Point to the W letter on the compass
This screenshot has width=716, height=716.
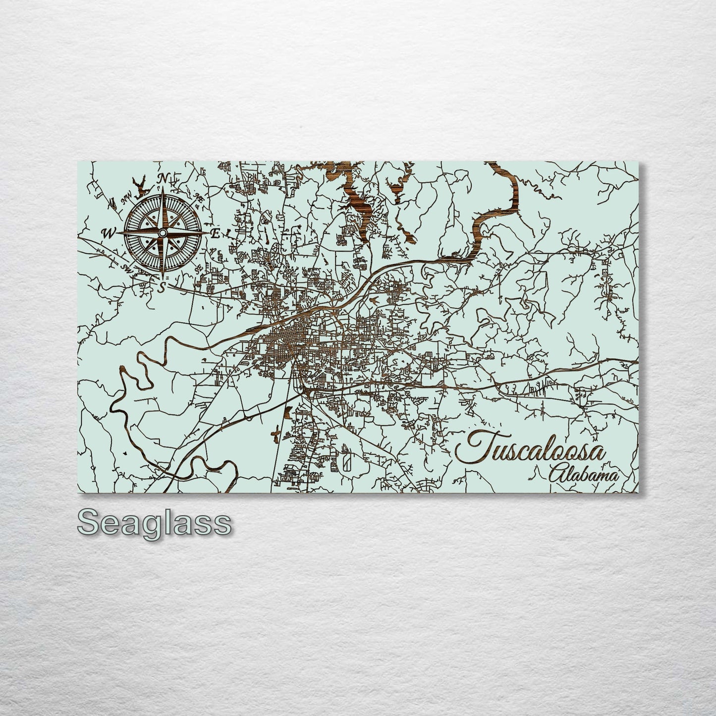click(x=108, y=233)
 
